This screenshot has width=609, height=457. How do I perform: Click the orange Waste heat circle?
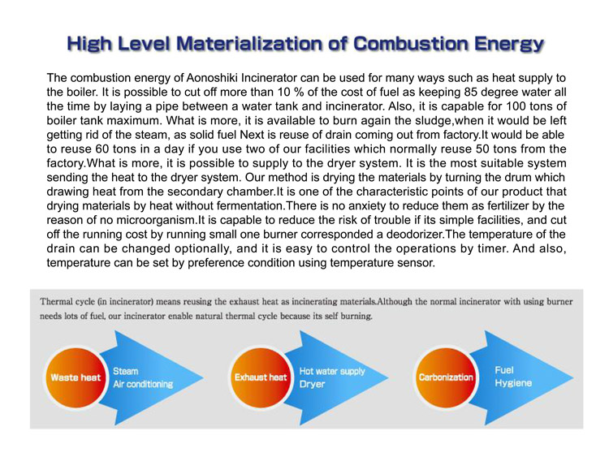pyautogui.click(x=76, y=377)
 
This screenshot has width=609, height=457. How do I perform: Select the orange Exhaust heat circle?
pyautogui.click(x=261, y=377)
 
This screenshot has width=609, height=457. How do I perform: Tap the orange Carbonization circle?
pyautogui.click(x=446, y=377)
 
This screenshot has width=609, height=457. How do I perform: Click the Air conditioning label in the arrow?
pyautogui.click(x=143, y=384)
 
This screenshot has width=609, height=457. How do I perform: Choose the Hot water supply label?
pyautogui.click(x=332, y=371)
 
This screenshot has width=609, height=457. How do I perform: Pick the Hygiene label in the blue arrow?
pyautogui.click(x=513, y=383)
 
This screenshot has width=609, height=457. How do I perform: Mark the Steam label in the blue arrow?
pyautogui.click(x=126, y=371)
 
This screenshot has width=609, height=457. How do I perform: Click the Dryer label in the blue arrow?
pyautogui.click(x=313, y=384)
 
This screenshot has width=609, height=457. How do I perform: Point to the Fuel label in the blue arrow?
pyautogui.click(x=504, y=370)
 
